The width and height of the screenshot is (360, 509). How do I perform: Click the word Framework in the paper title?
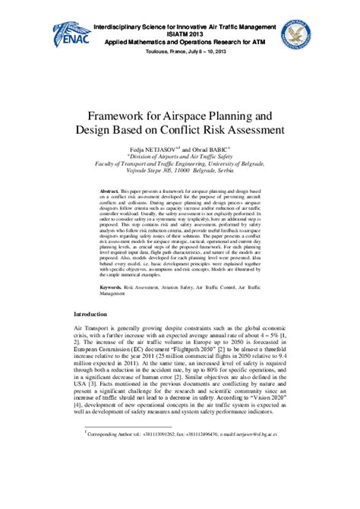pyautogui.click(x=123, y=115)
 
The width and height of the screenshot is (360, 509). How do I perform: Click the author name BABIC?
pyautogui.click(x=219, y=148)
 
